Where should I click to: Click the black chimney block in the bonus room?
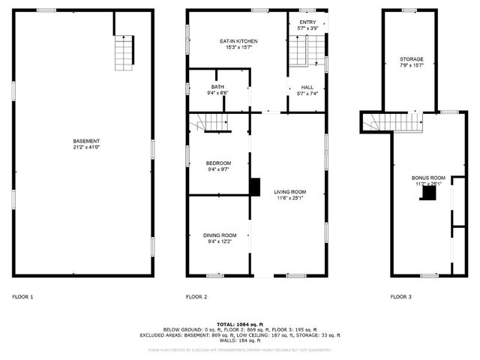click(428, 193)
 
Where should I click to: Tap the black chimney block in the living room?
click(255, 186)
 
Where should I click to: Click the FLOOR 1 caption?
click(22, 297)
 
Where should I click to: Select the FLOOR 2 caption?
click(196, 297)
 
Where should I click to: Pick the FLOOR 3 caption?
click(400, 297)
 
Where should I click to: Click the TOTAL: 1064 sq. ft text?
click(240, 323)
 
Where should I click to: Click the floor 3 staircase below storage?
click(397, 122)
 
